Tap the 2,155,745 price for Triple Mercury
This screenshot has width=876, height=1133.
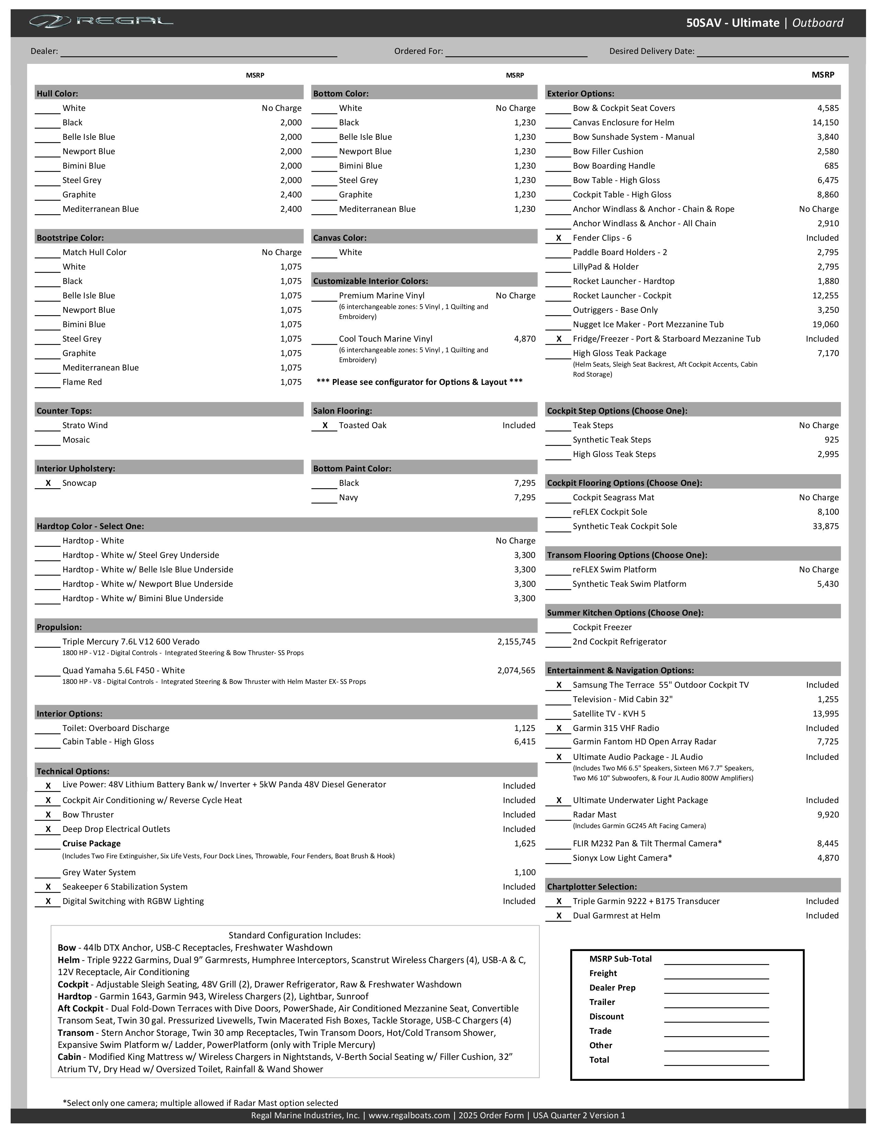516,642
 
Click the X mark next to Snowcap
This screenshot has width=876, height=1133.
48,483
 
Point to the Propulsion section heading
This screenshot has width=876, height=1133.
59,627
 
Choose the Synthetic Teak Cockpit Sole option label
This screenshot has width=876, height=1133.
624,527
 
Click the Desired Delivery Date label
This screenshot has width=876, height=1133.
651,51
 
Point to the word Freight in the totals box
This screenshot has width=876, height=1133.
603,973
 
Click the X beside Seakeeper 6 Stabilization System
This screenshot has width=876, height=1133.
48,887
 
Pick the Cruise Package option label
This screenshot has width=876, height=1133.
91,844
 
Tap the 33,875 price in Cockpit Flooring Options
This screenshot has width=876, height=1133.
825,527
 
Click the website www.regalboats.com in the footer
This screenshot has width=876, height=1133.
409,1115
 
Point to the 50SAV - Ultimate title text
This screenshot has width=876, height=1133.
732,23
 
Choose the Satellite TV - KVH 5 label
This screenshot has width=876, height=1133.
609,714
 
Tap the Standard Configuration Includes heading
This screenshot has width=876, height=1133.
294,935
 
